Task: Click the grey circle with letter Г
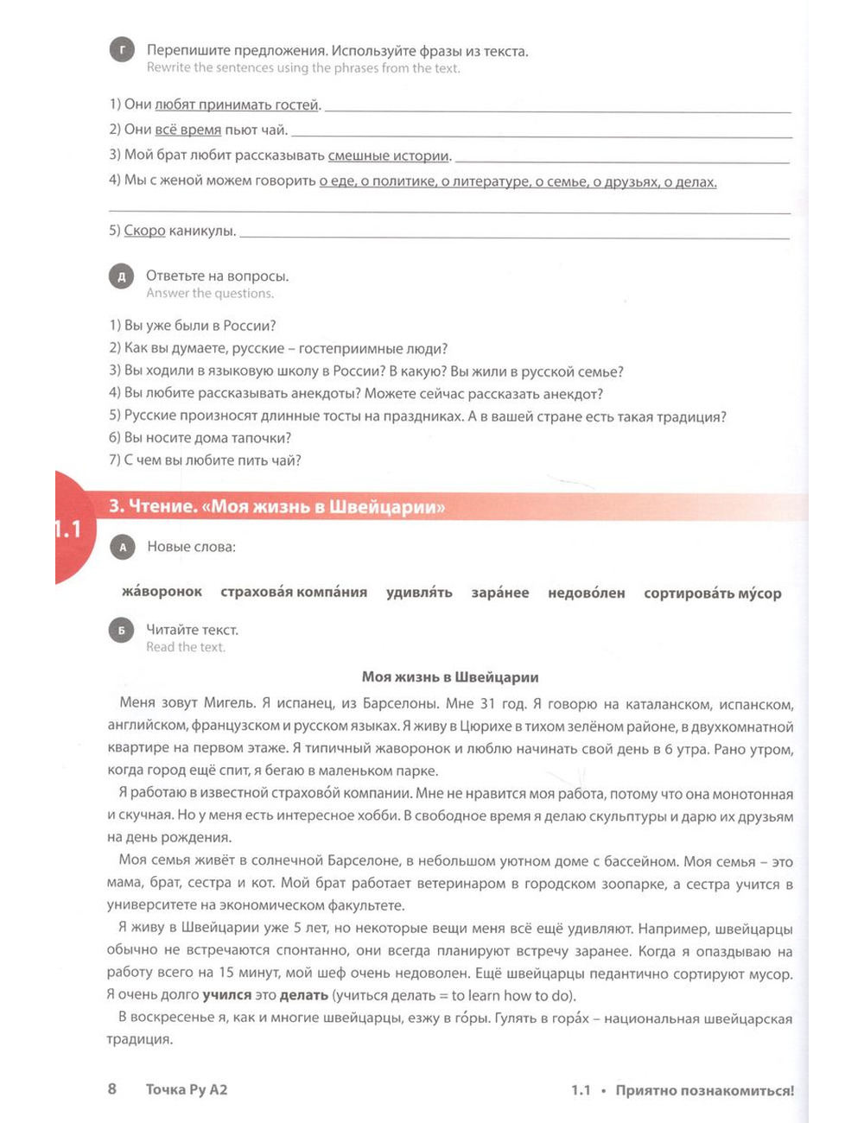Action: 122,51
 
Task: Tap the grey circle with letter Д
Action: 122,276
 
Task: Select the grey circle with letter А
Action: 123,547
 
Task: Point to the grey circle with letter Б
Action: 122,631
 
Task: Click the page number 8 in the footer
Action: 112,1088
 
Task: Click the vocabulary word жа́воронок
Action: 162,592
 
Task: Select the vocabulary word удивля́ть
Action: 419,593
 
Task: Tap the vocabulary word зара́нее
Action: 499,593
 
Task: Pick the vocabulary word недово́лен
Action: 586,593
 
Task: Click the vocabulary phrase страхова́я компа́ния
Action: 294,593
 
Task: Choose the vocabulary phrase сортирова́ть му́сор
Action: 712,593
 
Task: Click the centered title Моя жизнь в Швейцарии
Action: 450,677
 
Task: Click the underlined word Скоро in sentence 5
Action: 144,231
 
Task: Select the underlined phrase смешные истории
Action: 389,156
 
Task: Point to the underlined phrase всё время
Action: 187,130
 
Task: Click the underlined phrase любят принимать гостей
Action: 237,105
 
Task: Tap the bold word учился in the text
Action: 226,995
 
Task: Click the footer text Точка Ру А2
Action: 187,1089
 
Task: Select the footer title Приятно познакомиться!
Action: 704,1090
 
